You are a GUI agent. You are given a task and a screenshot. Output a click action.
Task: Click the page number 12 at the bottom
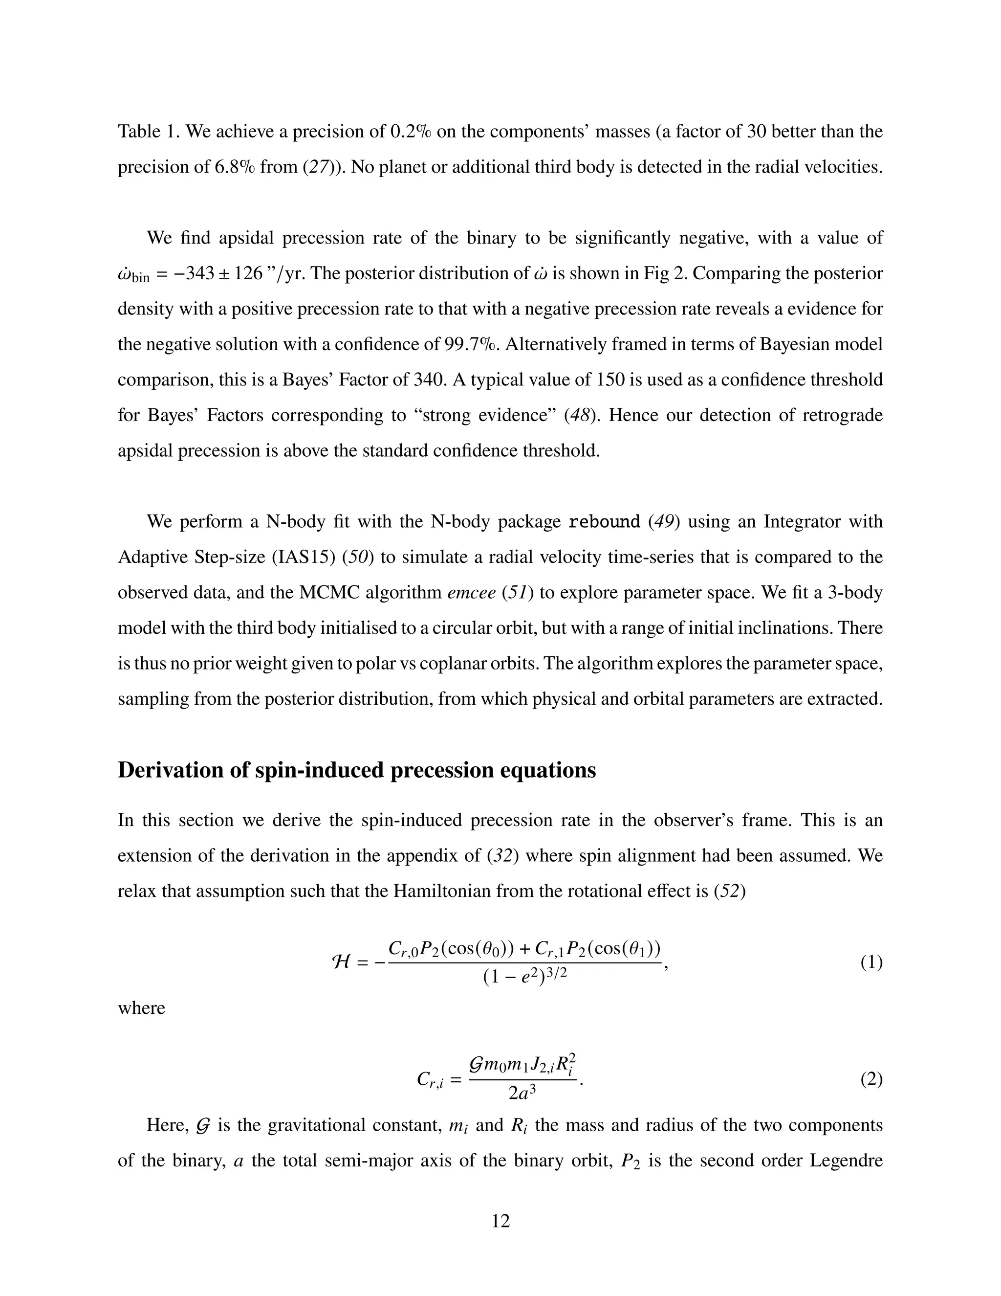tap(500, 1221)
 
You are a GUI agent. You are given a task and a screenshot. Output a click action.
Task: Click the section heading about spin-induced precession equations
tap(356, 770)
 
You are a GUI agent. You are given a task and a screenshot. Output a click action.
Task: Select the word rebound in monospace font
tap(604, 522)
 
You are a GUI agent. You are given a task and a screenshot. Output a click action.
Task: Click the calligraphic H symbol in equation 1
tap(342, 962)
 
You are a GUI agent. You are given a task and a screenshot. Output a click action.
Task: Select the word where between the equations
tap(141, 1008)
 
